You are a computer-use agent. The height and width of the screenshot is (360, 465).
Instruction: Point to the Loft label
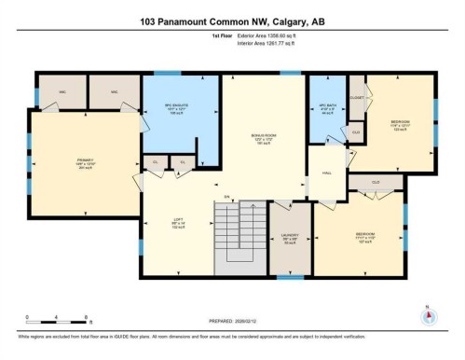point(178,224)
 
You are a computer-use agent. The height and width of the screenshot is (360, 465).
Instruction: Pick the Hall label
point(327,173)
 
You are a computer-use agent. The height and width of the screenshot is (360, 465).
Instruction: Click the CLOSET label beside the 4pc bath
point(356,96)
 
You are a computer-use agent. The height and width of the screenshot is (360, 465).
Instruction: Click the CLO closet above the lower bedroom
point(376,182)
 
